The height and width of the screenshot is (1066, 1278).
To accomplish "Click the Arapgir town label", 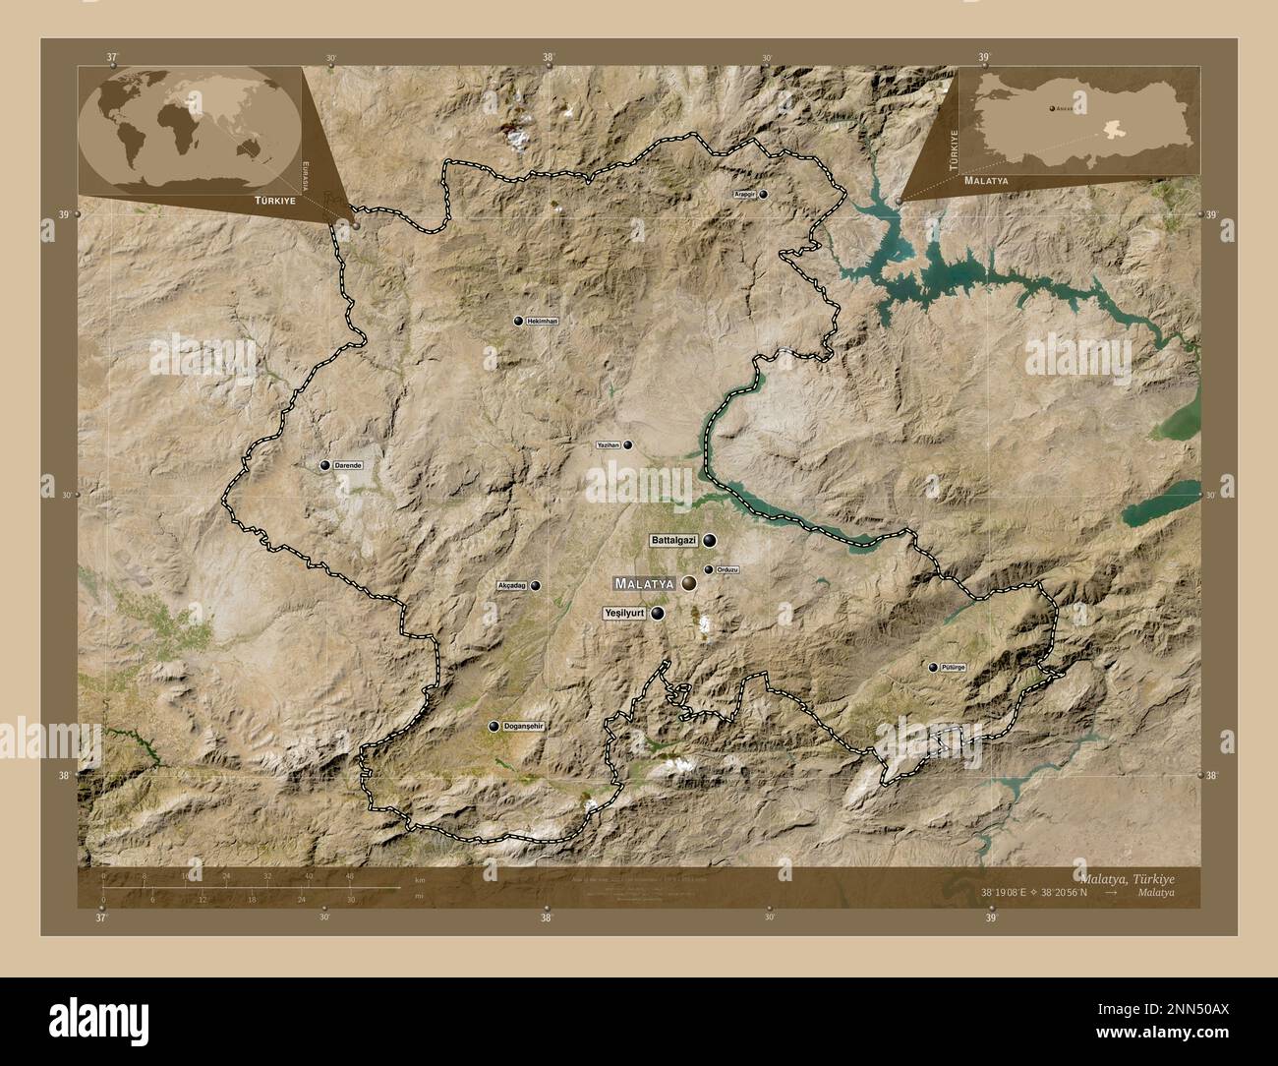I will coord(745,195).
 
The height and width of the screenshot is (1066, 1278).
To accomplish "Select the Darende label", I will coord(349,465).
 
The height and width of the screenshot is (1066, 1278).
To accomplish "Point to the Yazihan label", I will coord(609,445).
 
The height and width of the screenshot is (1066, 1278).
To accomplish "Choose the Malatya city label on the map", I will coord(644,583).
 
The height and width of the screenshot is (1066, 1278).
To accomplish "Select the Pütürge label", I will coord(954,667).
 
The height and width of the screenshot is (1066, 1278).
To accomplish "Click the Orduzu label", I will coord(727,570).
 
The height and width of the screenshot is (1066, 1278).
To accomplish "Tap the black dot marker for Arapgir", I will coord(763,195).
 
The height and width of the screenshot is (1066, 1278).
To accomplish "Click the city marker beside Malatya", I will coord(690,583).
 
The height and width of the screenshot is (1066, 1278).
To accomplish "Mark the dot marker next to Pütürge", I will coord(933,667).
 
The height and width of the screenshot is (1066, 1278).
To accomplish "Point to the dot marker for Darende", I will coord(325,465).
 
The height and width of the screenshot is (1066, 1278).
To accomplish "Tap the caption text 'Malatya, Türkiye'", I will coord(1127,877).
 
